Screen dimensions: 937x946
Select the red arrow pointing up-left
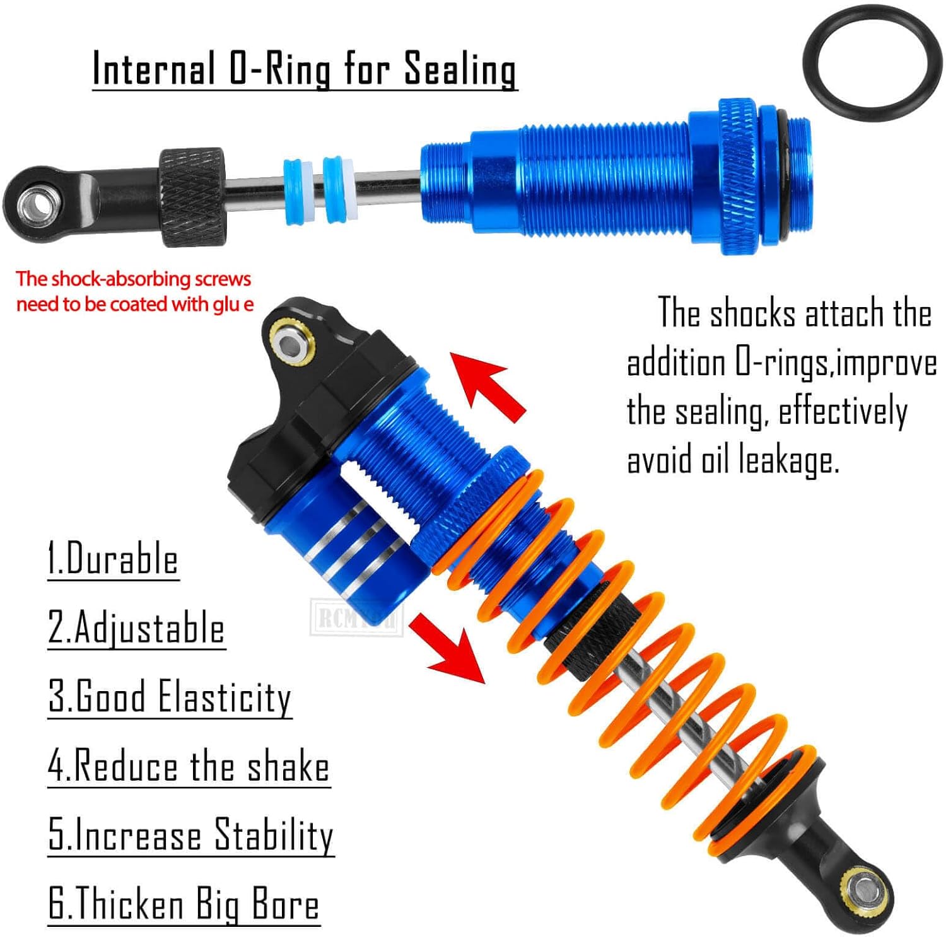[x=489, y=385]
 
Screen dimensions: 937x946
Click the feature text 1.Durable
[x=114, y=559]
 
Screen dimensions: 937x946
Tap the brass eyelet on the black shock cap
[x=291, y=344]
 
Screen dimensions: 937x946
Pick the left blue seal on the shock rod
[x=297, y=192]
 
